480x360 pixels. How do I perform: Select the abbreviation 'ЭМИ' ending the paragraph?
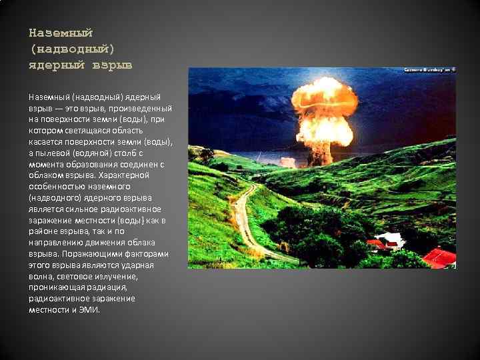click(89, 310)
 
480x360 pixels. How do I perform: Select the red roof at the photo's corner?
click(440, 257)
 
